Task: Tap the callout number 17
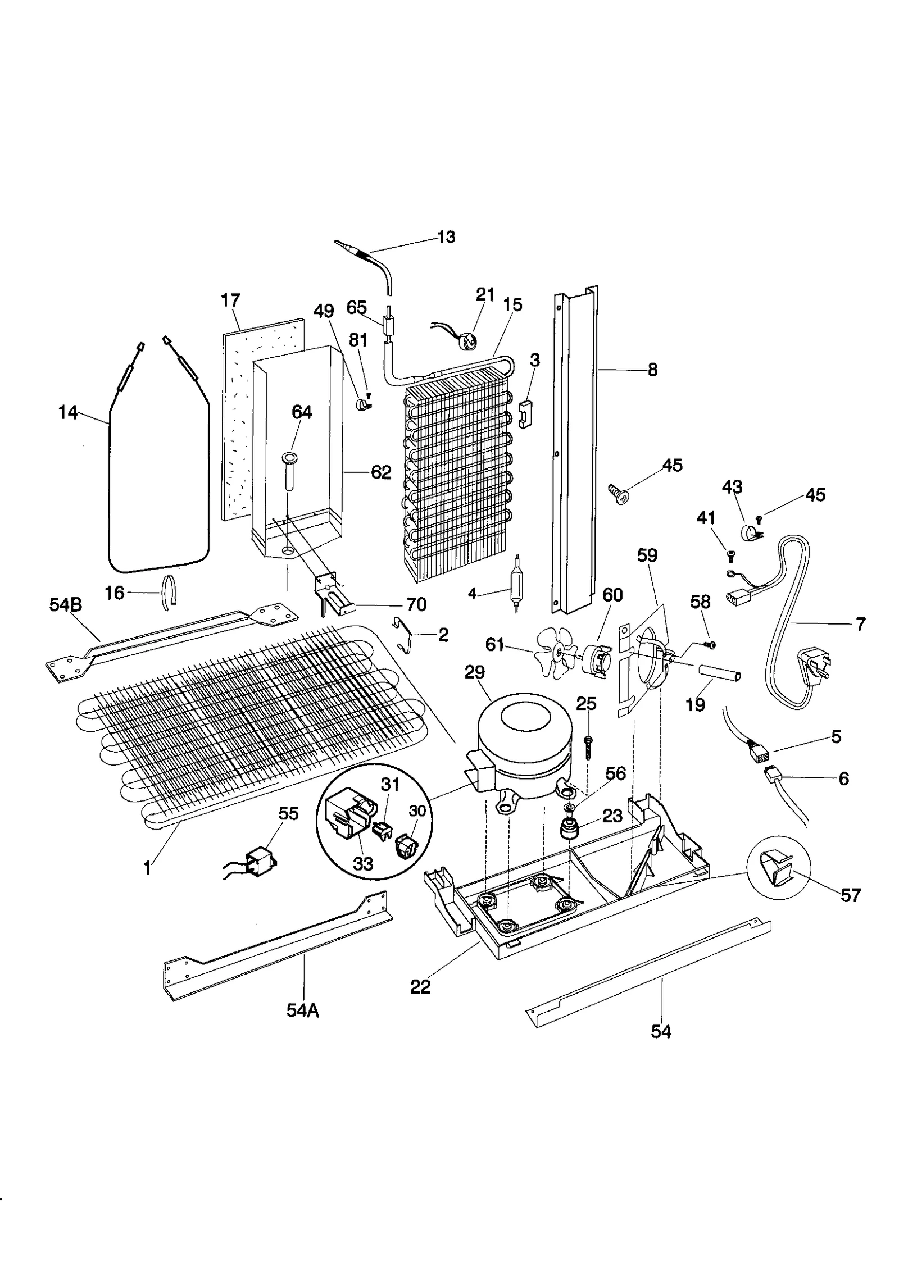[x=230, y=300]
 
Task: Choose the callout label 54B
[x=66, y=605]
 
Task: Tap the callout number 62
[x=381, y=472]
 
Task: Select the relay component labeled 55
[x=262, y=860]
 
